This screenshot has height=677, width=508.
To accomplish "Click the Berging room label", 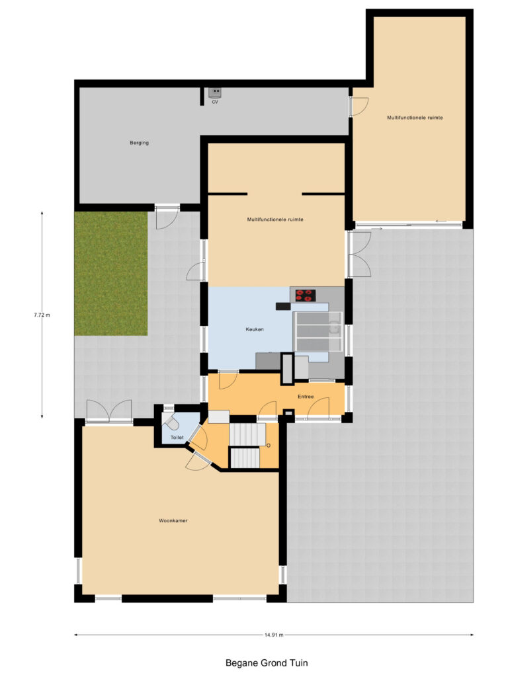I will tap(139, 143).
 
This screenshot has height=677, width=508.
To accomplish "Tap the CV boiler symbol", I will tap(215, 94).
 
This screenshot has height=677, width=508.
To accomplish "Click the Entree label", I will tap(305, 397).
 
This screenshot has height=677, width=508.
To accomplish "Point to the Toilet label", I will tap(177, 438).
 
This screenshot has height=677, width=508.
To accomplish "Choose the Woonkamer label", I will tap(173, 521).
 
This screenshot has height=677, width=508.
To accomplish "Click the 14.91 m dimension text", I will tap(273, 635).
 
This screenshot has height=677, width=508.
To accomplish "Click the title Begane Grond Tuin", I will tap(267, 662).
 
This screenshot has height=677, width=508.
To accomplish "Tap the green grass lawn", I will tap(110, 273).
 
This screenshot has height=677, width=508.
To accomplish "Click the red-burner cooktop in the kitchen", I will tap(306, 296).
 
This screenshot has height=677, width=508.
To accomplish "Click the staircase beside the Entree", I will tap(247, 445).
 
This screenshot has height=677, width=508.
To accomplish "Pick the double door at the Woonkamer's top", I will tap(109, 411).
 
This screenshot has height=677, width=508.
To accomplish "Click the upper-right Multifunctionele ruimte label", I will tap(415, 118).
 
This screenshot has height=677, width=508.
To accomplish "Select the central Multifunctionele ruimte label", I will tap(275, 219).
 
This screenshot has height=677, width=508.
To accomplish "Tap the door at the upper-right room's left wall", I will tap(359, 106).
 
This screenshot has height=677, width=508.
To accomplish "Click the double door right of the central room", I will tap(360, 255).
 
